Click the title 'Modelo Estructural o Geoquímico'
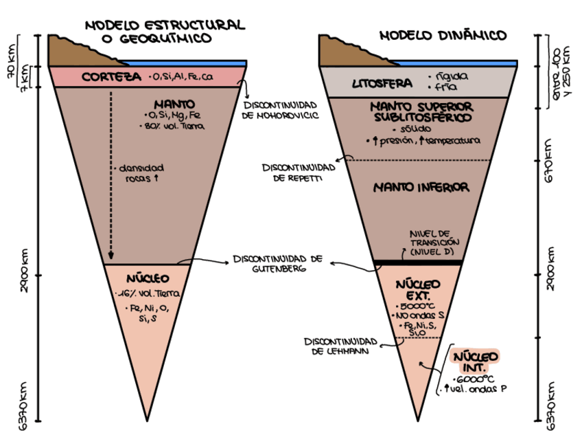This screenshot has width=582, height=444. [x=164, y=31]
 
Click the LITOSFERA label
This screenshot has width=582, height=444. [x=382, y=84]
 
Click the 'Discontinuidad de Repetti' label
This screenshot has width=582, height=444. [x=298, y=172]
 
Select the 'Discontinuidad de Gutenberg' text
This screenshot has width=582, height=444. [x=277, y=263]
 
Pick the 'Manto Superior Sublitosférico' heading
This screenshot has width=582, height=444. [x=421, y=112]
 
